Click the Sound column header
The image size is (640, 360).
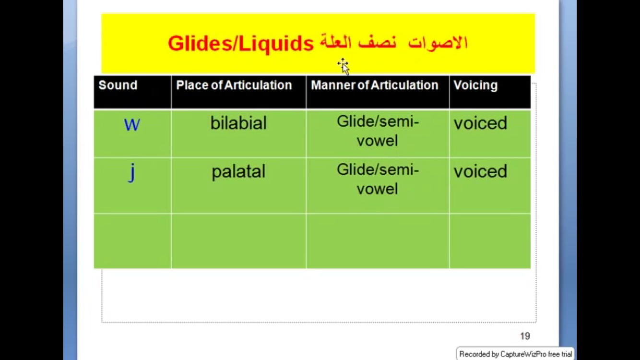click(118, 85)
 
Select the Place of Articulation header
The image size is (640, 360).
click(234, 85)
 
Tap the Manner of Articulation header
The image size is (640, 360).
click(375, 85)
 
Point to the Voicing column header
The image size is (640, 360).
click(475, 86)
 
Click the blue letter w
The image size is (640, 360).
click(132, 125)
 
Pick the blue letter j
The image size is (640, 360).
click(131, 172)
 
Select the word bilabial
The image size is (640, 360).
click(238, 123)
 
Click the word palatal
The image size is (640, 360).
click(238, 172)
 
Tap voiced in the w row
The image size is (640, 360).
click(480, 123)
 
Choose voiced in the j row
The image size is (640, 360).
click(480, 171)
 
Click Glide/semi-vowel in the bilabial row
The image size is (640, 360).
click(378, 131)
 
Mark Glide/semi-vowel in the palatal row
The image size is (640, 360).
click(378, 179)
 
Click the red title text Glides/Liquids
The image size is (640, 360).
click(241, 44)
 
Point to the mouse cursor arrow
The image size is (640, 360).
click(344, 67)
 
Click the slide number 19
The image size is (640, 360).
click(525, 336)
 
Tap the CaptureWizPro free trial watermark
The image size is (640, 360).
click(515, 354)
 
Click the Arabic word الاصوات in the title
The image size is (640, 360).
click(438, 43)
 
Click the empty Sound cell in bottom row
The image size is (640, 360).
click(132, 241)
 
